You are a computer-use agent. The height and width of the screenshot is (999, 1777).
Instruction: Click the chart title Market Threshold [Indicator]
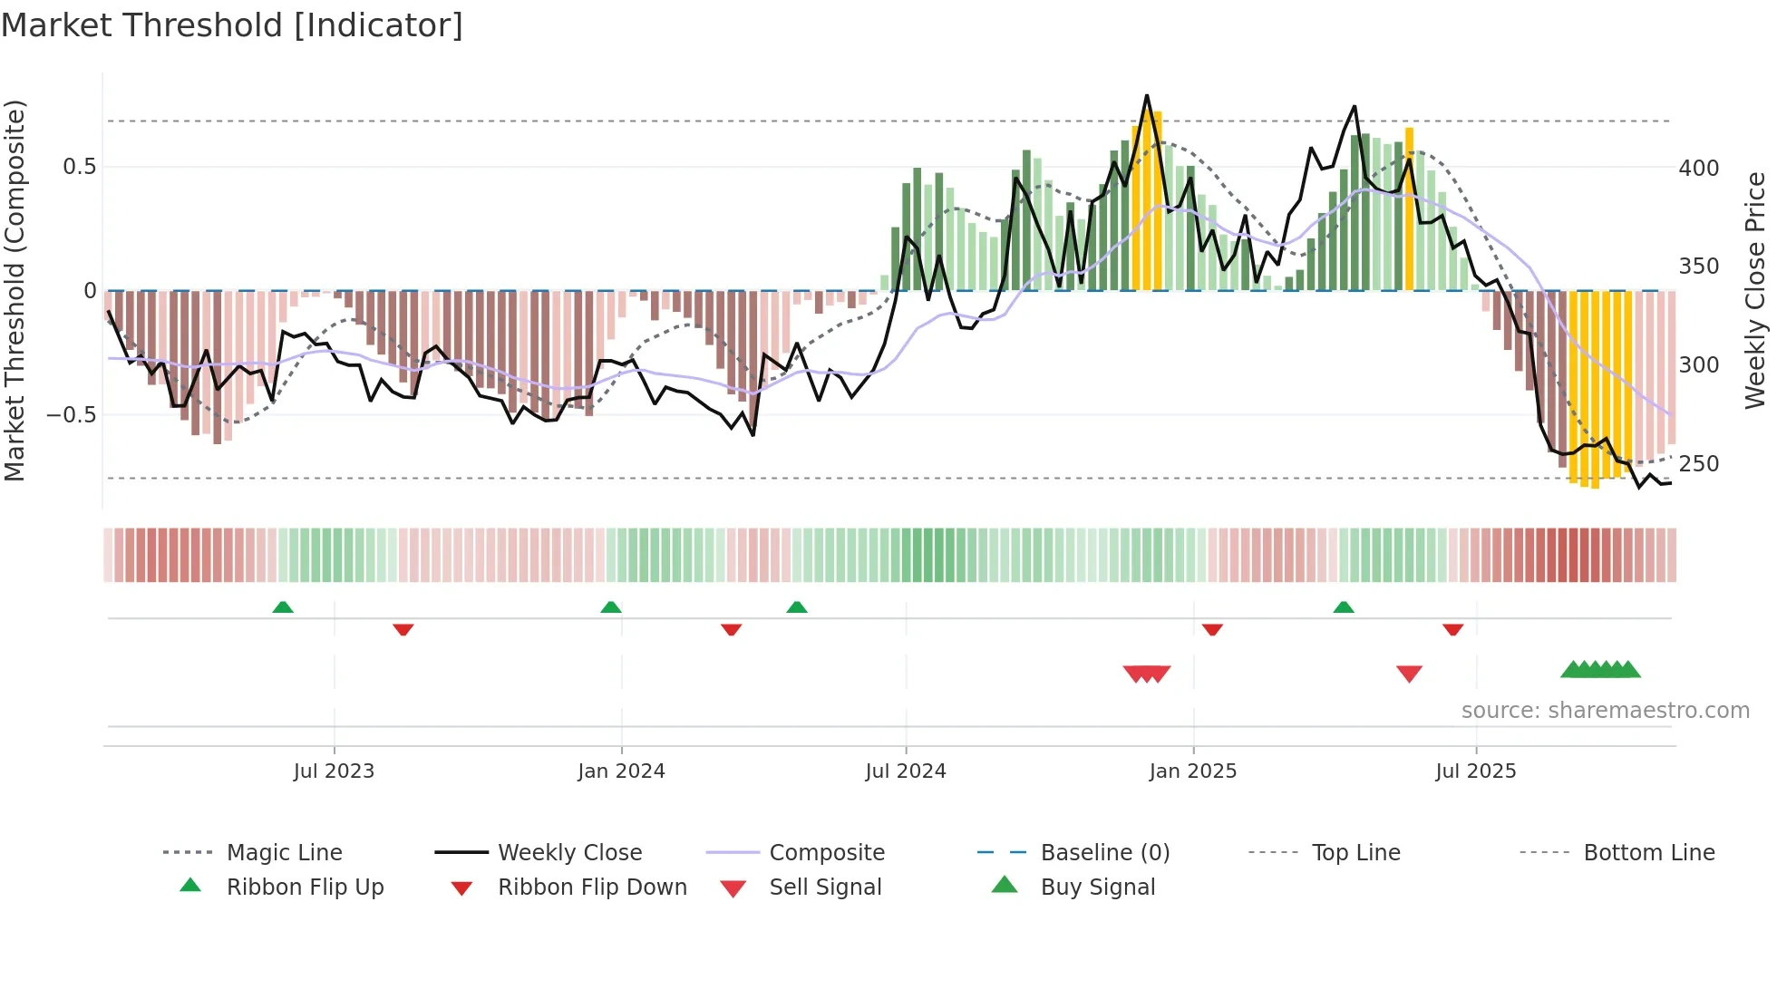[x=232, y=25]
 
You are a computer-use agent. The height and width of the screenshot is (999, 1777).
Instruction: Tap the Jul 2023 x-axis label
[x=334, y=771]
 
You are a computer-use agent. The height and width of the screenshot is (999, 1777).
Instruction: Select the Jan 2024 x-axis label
[x=621, y=771]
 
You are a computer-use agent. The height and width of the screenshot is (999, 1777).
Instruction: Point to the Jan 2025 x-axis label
[x=1192, y=771]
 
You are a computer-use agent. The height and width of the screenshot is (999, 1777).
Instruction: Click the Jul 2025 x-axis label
[x=1475, y=771]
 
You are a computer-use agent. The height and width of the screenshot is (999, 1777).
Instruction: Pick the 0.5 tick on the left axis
[x=79, y=167]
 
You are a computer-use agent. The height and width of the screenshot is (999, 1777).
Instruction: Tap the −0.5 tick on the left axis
[x=71, y=415]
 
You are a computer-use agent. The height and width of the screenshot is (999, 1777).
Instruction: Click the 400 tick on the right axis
[x=1699, y=169]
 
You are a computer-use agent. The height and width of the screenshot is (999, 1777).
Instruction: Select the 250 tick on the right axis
[x=1699, y=464]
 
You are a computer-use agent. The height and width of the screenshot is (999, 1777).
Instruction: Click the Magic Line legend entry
[x=284, y=853]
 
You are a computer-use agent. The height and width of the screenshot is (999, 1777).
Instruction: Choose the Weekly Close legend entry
[x=569, y=853]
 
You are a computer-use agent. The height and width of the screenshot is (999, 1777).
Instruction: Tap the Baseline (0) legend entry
[x=1104, y=853]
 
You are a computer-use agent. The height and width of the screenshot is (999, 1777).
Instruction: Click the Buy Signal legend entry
[x=1097, y=887]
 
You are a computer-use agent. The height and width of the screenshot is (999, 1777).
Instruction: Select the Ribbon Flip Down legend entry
[x=592, y=887]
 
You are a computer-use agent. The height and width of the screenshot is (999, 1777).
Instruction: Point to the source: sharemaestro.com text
[x=1605, y=711]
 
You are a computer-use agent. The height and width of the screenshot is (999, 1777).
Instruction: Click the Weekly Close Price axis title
[x=1755, y=290]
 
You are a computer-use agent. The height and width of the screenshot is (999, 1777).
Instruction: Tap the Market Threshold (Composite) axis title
[x=15, y=290]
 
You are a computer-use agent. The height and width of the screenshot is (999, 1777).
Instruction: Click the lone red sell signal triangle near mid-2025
[x=1409, y=674]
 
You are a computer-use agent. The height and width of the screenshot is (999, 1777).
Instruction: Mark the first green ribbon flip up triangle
[x=283, y=607]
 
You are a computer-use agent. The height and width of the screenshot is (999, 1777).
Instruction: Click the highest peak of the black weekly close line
[x=1147, y=96]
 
